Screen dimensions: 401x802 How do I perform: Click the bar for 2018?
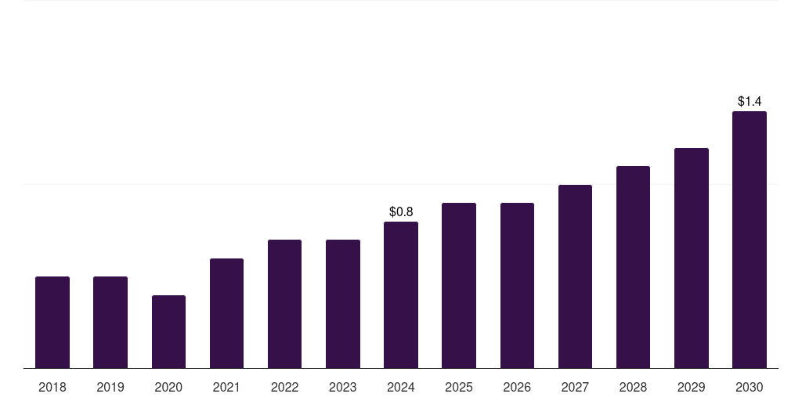52,322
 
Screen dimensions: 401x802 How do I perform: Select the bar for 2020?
168,331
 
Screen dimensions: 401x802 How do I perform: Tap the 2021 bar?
226,313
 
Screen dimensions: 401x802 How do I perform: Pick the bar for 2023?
343,304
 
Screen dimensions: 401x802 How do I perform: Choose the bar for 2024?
401,294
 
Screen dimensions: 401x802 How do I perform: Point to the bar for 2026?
517,285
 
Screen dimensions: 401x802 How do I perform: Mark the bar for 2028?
633,267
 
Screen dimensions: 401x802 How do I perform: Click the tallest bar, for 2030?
750,240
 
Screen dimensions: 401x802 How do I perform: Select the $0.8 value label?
401,211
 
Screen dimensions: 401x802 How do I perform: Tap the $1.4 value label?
750,101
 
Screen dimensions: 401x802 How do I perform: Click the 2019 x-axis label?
110,387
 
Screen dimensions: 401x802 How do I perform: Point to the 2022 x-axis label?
284,387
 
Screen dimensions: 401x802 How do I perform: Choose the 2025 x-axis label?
459,387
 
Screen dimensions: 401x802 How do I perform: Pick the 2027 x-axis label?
575,387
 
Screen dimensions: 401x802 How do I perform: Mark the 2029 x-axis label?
691,387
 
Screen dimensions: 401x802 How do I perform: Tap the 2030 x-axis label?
750,387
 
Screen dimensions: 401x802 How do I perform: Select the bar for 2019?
110,322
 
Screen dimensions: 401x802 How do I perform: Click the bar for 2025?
459,285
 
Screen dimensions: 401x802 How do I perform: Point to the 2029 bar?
691,258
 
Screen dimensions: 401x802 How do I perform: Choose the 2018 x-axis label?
52,387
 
